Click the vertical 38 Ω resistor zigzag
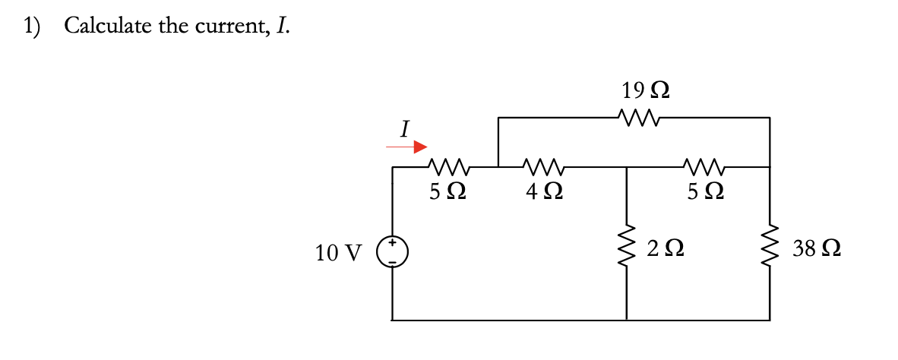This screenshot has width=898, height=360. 770,247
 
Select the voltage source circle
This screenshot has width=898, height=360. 393,251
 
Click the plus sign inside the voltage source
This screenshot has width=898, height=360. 393,244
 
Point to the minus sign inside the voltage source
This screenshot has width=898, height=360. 393,258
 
